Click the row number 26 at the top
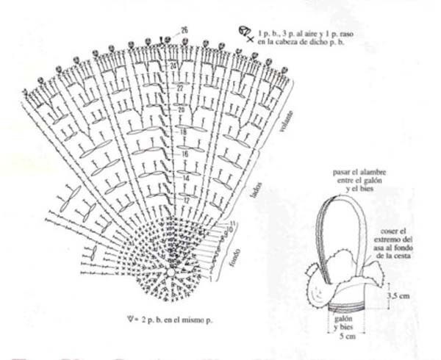[184, 29]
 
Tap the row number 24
[174, 66]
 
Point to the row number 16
[185, 154]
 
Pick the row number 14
[186, 178]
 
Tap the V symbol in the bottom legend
[130, 319]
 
